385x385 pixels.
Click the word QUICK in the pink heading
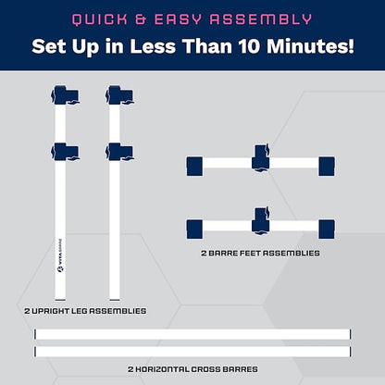tap(100, 19)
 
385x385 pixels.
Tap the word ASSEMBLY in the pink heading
tap(261, 19)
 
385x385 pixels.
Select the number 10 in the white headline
tap(249, 46)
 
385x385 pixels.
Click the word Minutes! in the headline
tap(310, 46)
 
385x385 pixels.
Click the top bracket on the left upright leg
tap(65, 95)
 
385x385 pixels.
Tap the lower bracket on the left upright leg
tap(65, 152)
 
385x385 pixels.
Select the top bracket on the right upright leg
tap(119, 95)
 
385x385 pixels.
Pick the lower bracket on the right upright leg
tap(119, 152)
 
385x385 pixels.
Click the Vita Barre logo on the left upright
tap(60, 255)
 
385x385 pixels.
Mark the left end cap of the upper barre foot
tap(194, 167)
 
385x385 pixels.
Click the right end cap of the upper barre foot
tap(327, 167)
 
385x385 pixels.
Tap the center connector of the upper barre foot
tap(261, 157)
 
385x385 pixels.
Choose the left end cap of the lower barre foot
tap(194, 230)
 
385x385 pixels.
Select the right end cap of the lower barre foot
tap(327, 230)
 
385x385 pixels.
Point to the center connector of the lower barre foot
tap(261, 221)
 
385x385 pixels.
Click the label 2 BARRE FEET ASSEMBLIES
tap(260, 254)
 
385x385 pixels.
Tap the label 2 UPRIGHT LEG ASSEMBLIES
tap(85, 311)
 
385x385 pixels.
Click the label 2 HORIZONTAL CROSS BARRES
tap(192, 369)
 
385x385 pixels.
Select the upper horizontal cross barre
tap(192, 334)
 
